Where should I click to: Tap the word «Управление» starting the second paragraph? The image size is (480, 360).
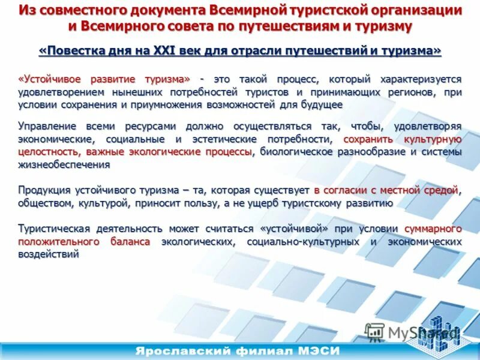pos(47,127)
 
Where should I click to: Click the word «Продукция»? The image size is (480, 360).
pos(44,190)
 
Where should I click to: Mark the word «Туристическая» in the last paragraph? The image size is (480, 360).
pos(54,229)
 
